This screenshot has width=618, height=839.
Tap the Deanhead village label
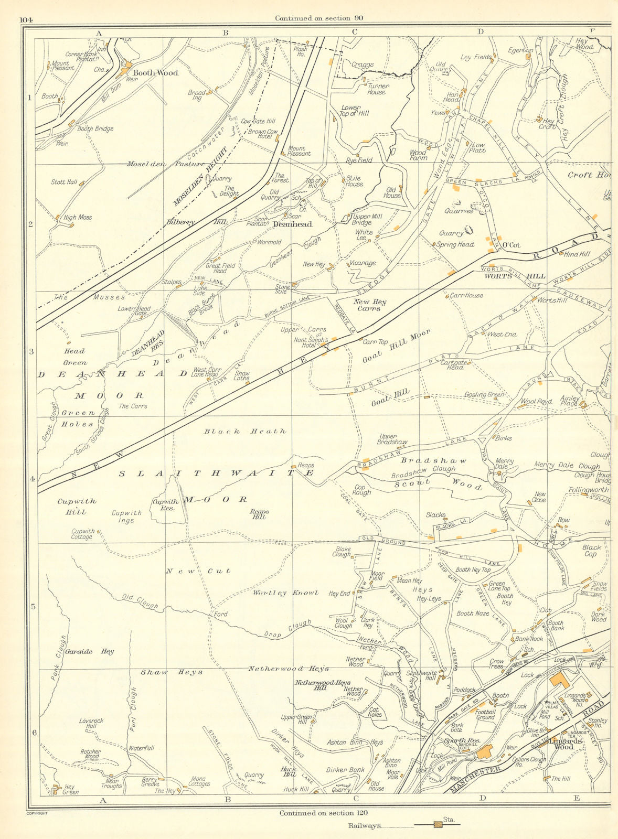[292, 224]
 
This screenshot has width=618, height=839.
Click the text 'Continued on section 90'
[319, 18]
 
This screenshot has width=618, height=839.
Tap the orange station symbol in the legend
[438, 825]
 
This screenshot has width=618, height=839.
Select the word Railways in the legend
[365, 825]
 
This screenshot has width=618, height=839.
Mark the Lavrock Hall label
[91, 724]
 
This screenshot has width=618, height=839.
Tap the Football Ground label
[485, 715]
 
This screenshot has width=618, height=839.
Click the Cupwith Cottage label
[83, 534]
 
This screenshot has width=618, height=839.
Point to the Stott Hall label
[64, 182]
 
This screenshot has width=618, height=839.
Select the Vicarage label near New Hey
[362, 263]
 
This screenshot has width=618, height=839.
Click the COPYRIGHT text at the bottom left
[37, 813]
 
